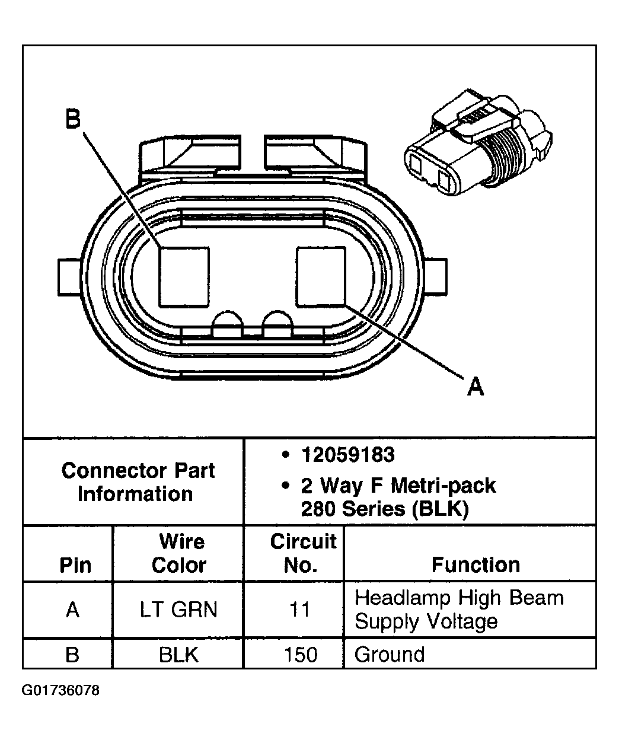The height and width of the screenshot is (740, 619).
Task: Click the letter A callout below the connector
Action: coord(476,387)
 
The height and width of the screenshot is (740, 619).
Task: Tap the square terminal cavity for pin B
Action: coord(184,277)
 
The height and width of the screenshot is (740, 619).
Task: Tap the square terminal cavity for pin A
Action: coord(321,277)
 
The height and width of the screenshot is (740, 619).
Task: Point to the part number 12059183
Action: coord(347,455)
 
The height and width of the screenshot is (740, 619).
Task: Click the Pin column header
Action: coord(75,565)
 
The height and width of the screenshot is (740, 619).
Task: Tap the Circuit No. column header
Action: coord(302,553)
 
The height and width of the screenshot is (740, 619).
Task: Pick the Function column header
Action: coord(475,565)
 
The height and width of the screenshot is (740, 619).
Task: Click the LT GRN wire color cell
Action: coord(178,610)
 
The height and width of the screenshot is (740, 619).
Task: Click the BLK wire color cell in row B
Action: coord(178,655)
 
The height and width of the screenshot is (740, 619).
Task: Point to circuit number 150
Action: coord(300,655)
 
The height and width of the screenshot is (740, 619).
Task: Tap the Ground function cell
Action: coord(390,655)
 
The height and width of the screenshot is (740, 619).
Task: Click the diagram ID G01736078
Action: coord(61,691)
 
